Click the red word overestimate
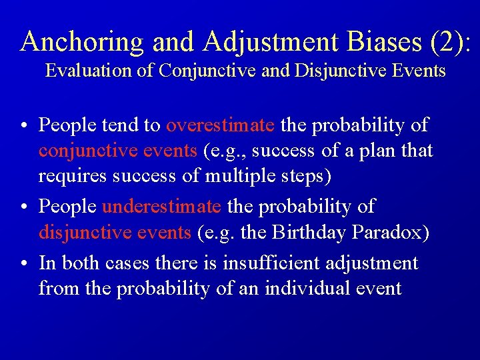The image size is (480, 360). click(220, 125)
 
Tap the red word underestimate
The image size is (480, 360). click(161, 207)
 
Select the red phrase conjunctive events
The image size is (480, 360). click(118, 151)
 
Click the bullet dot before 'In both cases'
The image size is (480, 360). click(24, 264)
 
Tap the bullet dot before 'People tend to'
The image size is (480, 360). click(24, 126)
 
